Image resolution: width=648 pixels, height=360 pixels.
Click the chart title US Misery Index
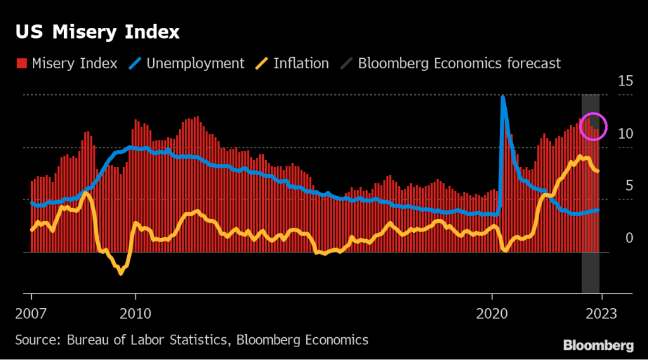click(x=97, y=32)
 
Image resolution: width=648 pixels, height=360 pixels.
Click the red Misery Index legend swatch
click(x=21, y=63)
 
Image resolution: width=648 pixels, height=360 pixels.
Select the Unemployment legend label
click(x=196, y=63)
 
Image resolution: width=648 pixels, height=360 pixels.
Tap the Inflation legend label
click(x=301, y=63)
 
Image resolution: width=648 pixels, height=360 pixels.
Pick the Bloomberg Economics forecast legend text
click(x=459, y=63)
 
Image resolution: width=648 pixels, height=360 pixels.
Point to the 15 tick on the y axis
click(x=625, y=81)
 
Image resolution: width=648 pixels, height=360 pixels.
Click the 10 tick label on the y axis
click(x=625, y=133)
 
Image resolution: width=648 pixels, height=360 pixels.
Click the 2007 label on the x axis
click(x=32, y=313)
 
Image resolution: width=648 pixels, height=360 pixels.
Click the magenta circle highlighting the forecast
click(x=594, y=127)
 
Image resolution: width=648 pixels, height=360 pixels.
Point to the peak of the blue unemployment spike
click(x=503, y=97)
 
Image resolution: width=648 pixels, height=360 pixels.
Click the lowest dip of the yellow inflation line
click(x=120, y=273)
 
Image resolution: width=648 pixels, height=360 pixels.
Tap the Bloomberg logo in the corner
click(x=598, y=345)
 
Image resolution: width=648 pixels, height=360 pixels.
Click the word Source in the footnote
click(x=35, y=340)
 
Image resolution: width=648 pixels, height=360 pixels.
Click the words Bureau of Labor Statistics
click(x=146, y=340)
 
